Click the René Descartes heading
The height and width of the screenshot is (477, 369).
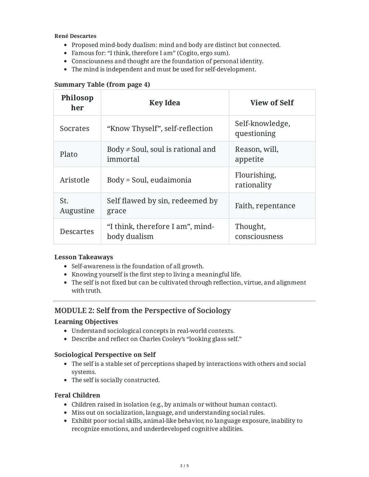(x=75, y=36)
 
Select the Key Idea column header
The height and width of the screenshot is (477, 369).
(x=164, y=103)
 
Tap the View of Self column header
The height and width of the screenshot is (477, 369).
(x=272, y=103)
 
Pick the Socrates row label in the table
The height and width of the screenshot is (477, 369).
(x=74, y=128)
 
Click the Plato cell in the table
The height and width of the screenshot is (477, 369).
(x=69, y=154)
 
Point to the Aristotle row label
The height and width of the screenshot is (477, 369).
(x=74, y=180)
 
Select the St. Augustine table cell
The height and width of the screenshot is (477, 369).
(x=77, y=206)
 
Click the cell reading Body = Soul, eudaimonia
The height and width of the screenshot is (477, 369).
(x=149, y=180)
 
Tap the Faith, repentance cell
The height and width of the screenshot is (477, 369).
(x=265, y=206)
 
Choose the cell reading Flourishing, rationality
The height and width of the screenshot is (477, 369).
(x=256, y=180)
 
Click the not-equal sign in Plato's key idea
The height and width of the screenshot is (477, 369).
(x=127, y=150)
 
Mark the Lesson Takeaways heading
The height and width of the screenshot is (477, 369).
(x=84, y=257)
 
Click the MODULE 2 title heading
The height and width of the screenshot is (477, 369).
(x=142, y=310)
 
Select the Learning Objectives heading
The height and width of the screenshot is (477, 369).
(x=86, y=322)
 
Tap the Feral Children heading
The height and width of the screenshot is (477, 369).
(x=77, y=395)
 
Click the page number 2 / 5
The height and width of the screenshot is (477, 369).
(x=184, y=466)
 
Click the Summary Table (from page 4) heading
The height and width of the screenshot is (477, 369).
(x=102, y=84)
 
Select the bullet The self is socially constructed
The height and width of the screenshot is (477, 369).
(x=115, y=380)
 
